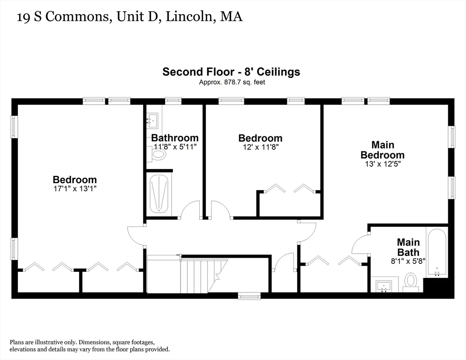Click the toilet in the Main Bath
tap(411, 282)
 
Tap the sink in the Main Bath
tap(384, 285)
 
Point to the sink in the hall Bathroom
tap(153, 121)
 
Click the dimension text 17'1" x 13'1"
tap(75, 189)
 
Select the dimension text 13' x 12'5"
tap(382, 165)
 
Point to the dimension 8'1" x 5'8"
tap(408, 262)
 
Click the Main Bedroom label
tap(382, 150)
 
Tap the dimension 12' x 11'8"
tap(260, 147)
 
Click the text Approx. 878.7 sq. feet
tap(233, 82)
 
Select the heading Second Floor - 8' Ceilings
tap(231, 72)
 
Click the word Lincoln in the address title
tap(193, 17)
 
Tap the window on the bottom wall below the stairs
tap(249, 296)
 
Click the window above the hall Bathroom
tap(173, 100)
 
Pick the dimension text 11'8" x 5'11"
tap(174, 147)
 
